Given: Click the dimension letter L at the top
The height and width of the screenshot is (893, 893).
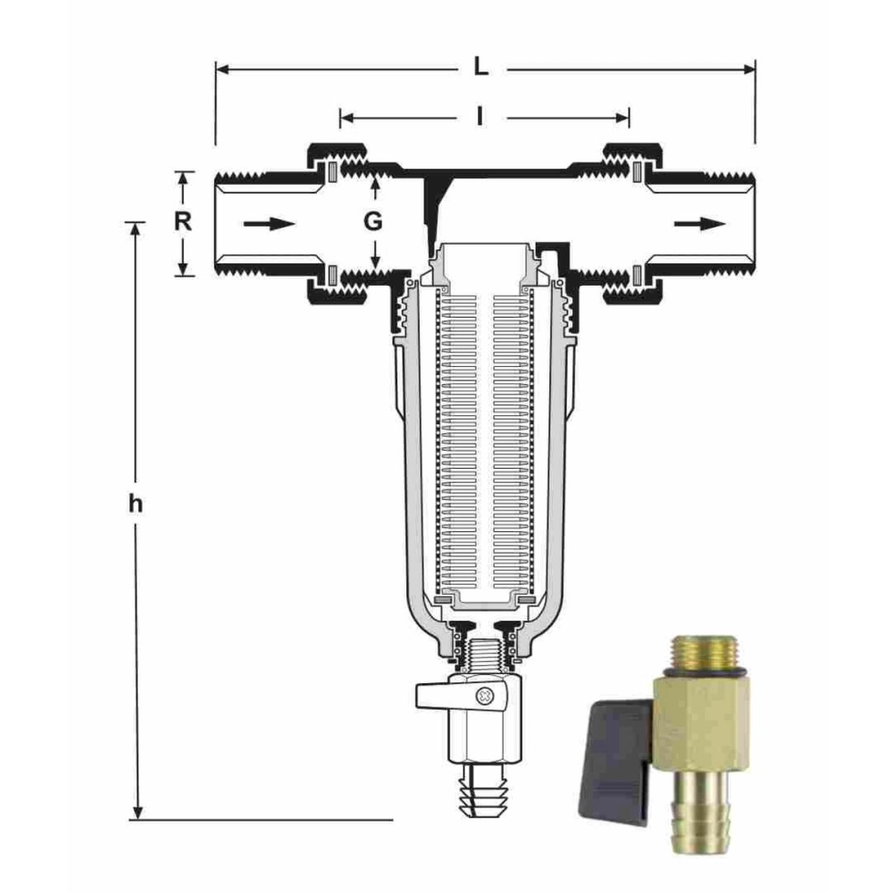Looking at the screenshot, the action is tap(481, 67).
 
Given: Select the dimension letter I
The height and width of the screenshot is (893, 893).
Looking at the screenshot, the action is tap(480, 116).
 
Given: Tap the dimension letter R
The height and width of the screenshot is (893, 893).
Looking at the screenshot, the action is tap(183, 221).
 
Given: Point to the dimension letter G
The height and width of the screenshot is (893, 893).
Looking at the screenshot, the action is tap(373, 221).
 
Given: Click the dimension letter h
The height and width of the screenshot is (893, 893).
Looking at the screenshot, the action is tap(135, 504).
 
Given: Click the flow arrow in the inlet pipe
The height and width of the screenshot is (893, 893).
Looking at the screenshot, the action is tap(270, 224).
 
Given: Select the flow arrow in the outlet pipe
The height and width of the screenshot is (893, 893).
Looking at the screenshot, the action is tap(700, 224).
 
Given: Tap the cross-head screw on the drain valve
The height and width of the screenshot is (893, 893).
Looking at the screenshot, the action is tap(486, 695).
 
